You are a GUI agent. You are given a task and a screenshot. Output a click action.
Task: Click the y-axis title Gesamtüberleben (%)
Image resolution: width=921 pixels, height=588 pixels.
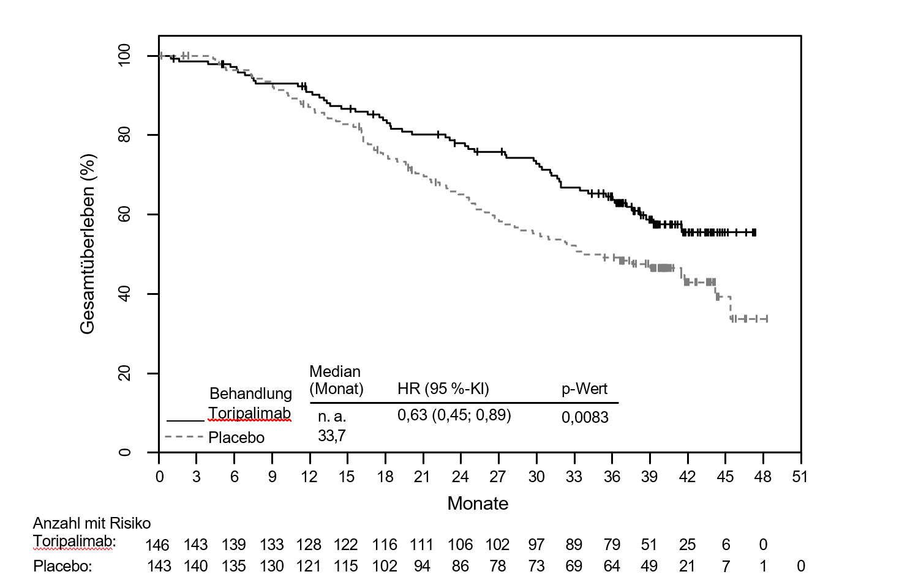(x=88, y=244)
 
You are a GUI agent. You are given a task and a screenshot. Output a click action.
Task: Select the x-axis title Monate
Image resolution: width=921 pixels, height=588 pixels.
(x=478, y=504)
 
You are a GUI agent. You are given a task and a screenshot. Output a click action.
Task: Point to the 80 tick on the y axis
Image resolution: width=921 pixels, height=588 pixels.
(x=125, y=135)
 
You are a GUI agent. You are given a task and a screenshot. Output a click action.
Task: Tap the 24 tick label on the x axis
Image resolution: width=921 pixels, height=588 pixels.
(x=460, y=477)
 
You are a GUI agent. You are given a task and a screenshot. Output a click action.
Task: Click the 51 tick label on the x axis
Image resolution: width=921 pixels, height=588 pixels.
(x=800, y=477)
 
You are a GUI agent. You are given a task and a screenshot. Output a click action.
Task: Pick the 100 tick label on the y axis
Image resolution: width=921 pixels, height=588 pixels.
(x=125, y=56)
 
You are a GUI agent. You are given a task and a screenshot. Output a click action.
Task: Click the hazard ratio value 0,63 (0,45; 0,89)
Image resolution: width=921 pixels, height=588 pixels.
(x=454, y=415)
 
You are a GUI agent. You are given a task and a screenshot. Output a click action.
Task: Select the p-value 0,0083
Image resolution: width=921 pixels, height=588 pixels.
(x=585, y=417)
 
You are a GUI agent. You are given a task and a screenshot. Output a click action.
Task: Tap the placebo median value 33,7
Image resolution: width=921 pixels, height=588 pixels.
(x=331, y=436)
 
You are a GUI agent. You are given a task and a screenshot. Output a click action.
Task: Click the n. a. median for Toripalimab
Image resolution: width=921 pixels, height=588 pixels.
(x=332, y=417)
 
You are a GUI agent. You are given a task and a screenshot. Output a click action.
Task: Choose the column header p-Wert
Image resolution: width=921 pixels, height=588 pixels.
(x=584, y=389)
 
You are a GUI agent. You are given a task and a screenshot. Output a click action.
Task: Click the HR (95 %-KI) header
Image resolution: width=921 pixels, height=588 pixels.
(x=443, y=389)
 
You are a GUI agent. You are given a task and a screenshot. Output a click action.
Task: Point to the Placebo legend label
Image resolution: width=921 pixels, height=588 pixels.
(x=236, y=437)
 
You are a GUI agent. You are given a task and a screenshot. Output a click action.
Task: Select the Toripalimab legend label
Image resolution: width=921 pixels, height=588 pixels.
(x=249, y=414)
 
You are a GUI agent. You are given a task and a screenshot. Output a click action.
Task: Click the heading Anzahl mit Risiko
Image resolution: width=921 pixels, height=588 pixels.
(x=92, y=523)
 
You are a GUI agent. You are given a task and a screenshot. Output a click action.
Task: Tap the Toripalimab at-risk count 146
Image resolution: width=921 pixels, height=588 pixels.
(x=157, y=545)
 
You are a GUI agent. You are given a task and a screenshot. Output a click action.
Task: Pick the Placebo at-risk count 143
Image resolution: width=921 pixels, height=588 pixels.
(x=159, y=566)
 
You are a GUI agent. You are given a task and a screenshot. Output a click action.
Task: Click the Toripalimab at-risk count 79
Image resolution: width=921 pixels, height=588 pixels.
(x=612, y=545)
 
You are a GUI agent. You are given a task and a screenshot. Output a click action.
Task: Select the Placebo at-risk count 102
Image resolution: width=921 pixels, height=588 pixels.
(x=385, y=566)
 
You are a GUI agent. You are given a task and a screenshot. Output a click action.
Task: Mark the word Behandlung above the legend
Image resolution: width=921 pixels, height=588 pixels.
(x=250, y=393)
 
